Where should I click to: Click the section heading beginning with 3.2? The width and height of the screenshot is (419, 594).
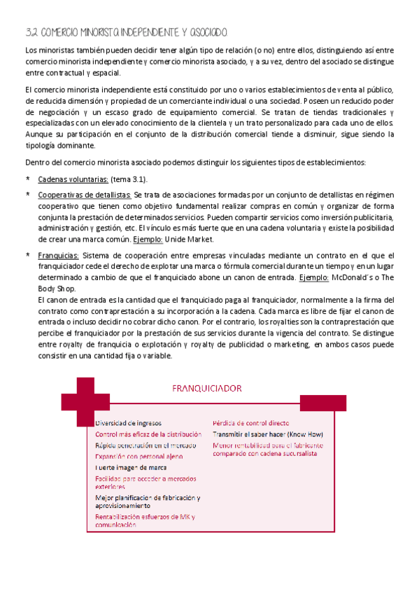pos(126,33)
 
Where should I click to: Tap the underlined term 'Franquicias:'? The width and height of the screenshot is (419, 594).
pos(59,257)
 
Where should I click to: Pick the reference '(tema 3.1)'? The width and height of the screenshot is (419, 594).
pos(127,179)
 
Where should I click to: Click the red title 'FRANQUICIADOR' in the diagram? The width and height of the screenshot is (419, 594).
pos(208,387)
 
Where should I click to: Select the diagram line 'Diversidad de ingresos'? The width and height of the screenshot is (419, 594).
pos(128,423)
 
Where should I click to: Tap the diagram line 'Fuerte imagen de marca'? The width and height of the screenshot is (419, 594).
pos(131,467)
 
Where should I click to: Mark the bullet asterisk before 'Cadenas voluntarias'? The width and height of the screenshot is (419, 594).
pos(27,179)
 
